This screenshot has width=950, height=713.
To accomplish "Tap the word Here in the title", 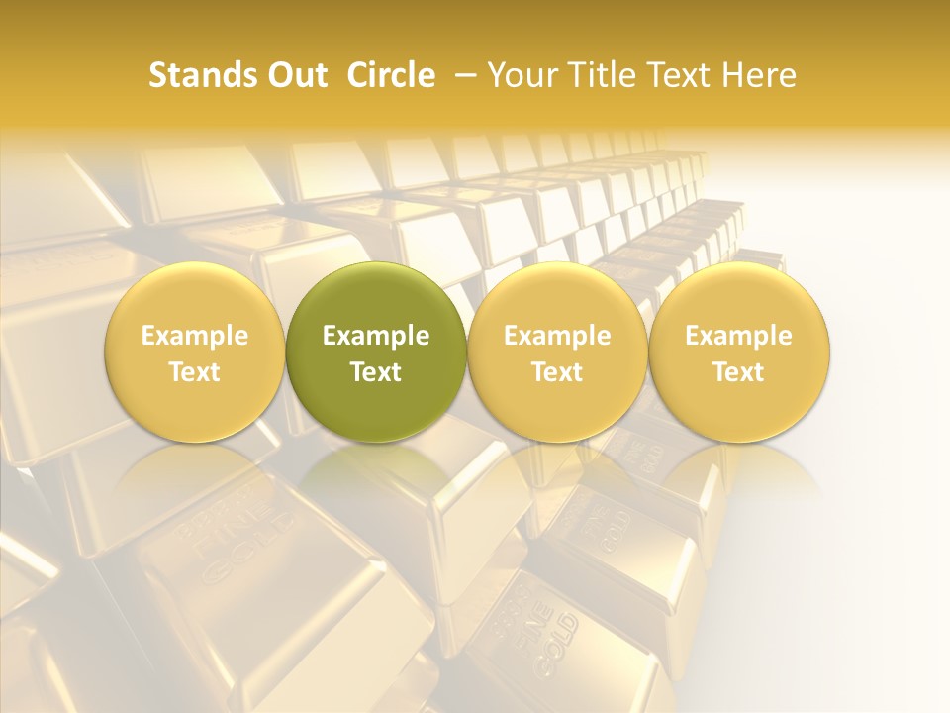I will [760, 75].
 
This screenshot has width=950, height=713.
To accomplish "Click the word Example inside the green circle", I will [376, 336].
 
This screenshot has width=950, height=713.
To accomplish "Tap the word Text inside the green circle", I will [376, 372].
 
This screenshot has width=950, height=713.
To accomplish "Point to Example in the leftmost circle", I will [195, 336].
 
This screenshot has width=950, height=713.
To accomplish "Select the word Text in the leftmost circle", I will [195, 372].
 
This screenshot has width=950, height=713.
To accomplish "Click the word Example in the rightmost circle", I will [739, 336].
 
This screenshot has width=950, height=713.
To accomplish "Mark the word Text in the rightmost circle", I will [739, 372].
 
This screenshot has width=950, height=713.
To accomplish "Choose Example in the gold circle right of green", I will [557, 336].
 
